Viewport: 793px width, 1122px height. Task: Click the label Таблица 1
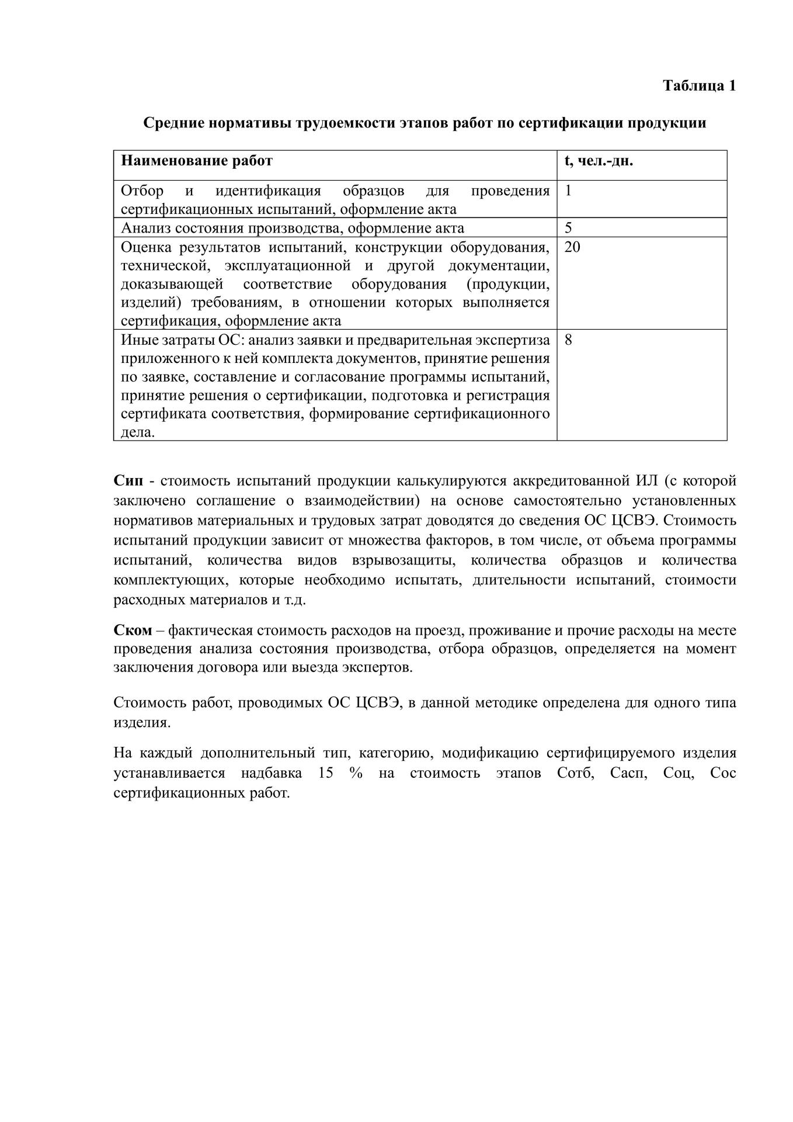click(x=699, y=86)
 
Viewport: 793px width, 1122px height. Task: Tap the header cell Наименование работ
click(x=196, y=161)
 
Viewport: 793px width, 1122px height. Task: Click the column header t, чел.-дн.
click(x=599, y=161)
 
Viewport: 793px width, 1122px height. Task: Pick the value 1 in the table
click(x=568, y=191)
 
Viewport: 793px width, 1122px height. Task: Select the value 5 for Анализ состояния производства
click(x=568, y=228)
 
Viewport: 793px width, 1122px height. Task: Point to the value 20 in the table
click(x=572, y=247)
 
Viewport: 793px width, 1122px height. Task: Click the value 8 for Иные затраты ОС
click(x=568, y=340)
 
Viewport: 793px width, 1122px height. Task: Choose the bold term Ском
click(x=133, y=631)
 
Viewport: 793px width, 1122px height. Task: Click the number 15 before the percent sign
click(x=326, y=773)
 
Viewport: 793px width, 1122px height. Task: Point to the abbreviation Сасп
click(x=629, y=773)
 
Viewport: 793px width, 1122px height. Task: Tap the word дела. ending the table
click(x=138, y=432)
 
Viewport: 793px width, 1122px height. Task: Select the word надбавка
click(x=271, y=773)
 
